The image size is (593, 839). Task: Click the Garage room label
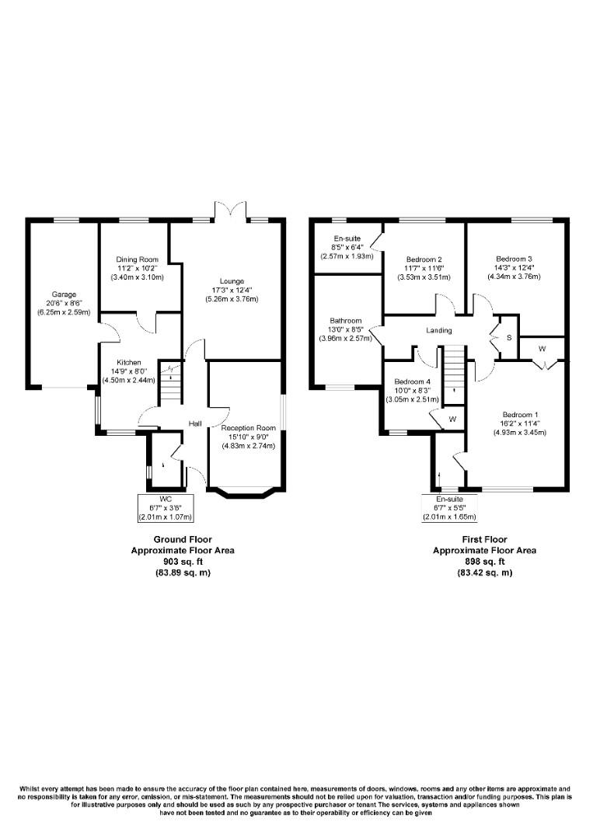[x=64, y=295]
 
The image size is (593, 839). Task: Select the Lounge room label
[x=232, y=281]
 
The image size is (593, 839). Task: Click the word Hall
[x=195, y=423]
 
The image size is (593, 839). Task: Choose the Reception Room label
[x=248, y=428]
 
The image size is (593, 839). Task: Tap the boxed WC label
[x=165, y=498]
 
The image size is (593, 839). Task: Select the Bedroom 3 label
[x=514, y=259]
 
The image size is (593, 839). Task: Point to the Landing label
[x=439, y=331]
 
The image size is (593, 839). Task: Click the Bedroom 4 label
[x=412, y=381]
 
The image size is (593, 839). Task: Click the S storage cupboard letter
[x=509, y=338]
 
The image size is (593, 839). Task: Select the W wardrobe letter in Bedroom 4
[x=452, y=419]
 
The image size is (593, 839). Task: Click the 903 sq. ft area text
[x=182, y=561]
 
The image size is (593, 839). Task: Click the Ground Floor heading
[x=182, y=539]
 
